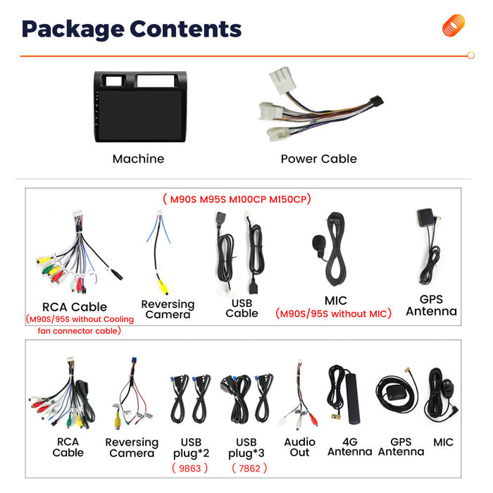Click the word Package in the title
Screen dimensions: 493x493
coord(73,30)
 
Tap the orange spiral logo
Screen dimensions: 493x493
coord(454,25)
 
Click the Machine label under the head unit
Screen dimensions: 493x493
coord(138,158)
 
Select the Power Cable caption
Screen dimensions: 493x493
coord(319,158)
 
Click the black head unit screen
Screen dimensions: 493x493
coord(140,114)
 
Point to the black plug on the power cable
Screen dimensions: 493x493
coord(377,101)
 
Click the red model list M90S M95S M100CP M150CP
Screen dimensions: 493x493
coord(237,199)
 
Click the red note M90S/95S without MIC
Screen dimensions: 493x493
coord(334,313)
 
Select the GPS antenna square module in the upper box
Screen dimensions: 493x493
coord(425,217)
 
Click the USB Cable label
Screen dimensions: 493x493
coord(242,308)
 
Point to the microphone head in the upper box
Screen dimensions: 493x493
coord(318,242)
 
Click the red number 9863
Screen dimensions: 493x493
coord(190,468)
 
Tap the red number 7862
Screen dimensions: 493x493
coord(249,468)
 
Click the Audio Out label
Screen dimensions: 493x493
coord(299,447)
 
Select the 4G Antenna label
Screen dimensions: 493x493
coord(349,447)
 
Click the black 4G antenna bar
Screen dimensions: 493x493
coord(352,399)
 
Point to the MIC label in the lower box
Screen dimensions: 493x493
coord(443,442)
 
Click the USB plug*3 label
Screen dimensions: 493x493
coord(246,448)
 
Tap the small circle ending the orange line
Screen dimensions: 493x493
coord(470,56)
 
